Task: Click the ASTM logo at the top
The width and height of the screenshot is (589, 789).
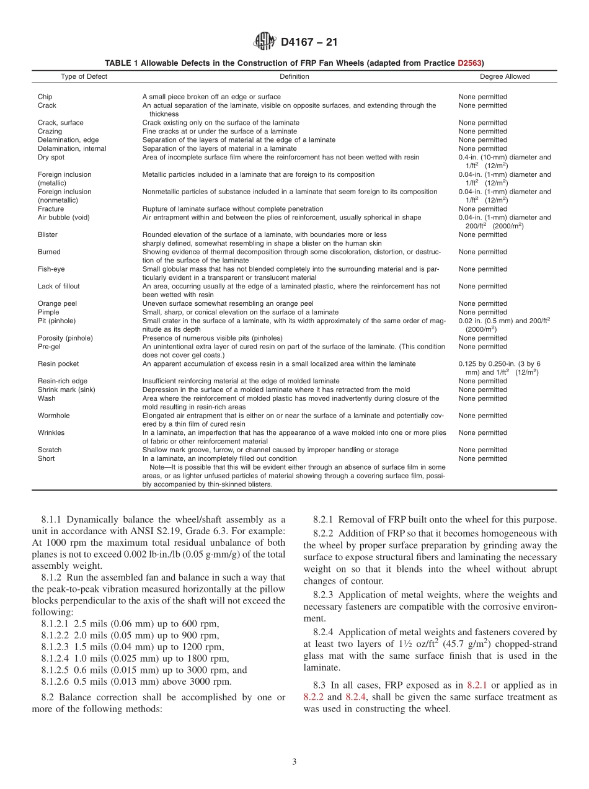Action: [x=265, y=42]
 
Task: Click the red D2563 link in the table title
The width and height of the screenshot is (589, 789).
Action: [x=471, y=63]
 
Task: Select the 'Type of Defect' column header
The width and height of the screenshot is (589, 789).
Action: [x=84, y=77]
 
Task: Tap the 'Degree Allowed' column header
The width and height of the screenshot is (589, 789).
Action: [x=505, y=77]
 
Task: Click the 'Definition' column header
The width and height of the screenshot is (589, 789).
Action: [x=294, y=77]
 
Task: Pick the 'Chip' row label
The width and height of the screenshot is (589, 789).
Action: [x=45, y=97]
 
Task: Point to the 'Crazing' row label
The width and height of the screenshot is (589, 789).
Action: [x=50, y=131]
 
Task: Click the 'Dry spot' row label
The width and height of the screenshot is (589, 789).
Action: [x=51, y=158]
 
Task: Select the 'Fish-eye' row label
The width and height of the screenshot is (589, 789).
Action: [x=51, y=269]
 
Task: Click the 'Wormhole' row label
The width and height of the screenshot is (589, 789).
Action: [x=52, y=416]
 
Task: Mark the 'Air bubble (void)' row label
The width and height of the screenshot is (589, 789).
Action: [x=63, y=218]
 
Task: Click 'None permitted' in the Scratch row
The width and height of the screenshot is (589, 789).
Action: [x=482, y=450]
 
